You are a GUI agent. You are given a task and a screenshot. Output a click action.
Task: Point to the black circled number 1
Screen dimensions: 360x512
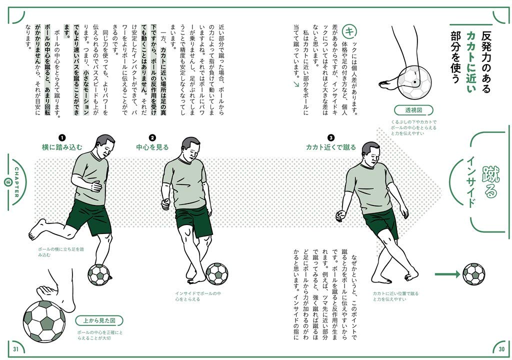pyautogui.click(x=62, y=137)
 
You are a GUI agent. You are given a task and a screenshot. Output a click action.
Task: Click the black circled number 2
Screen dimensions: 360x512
pyautogui.click(x=152, y=137)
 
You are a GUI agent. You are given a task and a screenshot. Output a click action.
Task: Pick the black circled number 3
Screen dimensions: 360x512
pyautogui.click(x=331, y=137)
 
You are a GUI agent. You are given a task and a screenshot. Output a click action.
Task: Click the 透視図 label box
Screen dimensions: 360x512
pyautogui.click(x=413, y=110)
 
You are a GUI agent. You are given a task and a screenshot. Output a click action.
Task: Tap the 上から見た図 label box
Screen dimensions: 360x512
pyautogui.click(x=99, y=320)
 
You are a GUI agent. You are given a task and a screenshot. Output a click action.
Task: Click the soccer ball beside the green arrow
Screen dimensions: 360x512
pyautogui.click(x=473, y=274)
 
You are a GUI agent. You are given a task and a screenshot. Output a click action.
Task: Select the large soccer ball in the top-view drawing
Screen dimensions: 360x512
pyautogui.click(x=44, y=320)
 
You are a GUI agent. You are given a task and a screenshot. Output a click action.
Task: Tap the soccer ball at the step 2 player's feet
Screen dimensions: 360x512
pyautogui.click(x=216, y=274)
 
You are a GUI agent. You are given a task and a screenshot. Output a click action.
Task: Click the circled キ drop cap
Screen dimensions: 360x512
pyautogui.click(x=351, y=31)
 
